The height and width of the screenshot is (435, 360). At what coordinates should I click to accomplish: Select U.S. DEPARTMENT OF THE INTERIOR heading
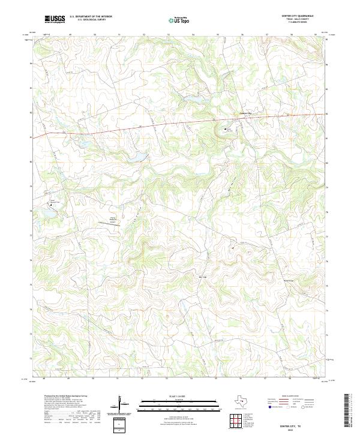click(91, 17)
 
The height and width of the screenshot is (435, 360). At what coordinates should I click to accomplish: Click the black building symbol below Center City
click(226, 128)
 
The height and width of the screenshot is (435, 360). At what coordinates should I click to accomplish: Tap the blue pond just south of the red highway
click(139, 157)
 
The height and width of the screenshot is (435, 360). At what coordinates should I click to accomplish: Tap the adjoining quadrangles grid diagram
click(238, 421)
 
